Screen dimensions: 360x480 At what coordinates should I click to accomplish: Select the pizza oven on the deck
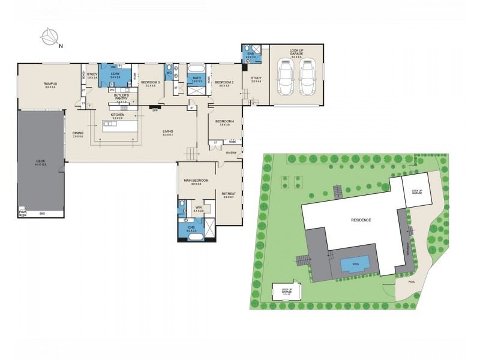click(x=23, y=213)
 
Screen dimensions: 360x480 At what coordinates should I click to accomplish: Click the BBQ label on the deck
click(x=42, y=214)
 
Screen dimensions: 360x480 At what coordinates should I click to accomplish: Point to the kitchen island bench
click(x=117, y=128)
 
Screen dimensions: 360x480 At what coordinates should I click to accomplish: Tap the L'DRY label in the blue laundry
click(x=115, y=75)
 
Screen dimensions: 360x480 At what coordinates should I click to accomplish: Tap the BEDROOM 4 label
click(x=224, y=122)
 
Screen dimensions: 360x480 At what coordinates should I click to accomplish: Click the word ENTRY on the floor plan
click(x=232, y=153)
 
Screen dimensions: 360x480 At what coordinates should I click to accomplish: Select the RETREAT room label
click(x=229, y=194)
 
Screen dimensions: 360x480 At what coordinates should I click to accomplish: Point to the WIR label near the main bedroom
click(x=199, y=208)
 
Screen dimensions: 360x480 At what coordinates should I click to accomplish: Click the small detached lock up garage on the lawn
click(x=287, y=292)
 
